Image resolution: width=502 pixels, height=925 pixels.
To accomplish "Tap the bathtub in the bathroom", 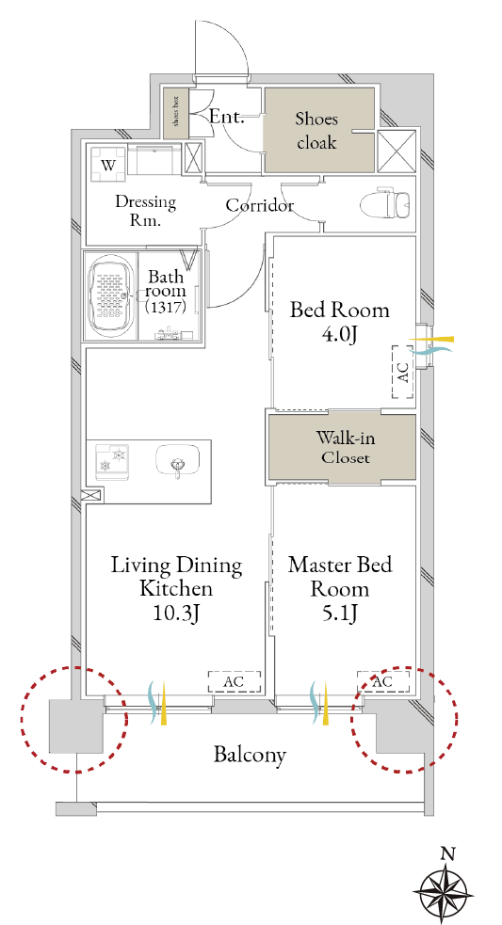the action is (110, 295).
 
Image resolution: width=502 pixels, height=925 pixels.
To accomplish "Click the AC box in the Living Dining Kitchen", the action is (234, 681).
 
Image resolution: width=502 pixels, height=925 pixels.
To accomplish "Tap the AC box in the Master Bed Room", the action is (382, 681).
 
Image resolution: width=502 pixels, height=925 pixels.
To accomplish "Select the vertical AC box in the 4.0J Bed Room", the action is (402, 372).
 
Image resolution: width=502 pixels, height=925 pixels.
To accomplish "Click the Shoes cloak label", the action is (316, 131).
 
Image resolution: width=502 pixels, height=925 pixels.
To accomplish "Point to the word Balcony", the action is (250, 755).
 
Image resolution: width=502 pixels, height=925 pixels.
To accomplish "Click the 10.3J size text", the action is (175, 614).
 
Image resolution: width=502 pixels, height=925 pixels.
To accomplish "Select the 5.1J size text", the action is (340, 614).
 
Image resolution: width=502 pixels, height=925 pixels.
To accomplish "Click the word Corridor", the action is (260, 206).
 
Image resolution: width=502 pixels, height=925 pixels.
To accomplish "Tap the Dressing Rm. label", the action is (145, 212).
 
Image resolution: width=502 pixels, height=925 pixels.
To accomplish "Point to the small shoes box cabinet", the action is (176, 114).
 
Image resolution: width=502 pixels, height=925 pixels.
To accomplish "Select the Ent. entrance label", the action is (227, 117).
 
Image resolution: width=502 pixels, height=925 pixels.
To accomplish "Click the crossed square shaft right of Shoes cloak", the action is (397, 150).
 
